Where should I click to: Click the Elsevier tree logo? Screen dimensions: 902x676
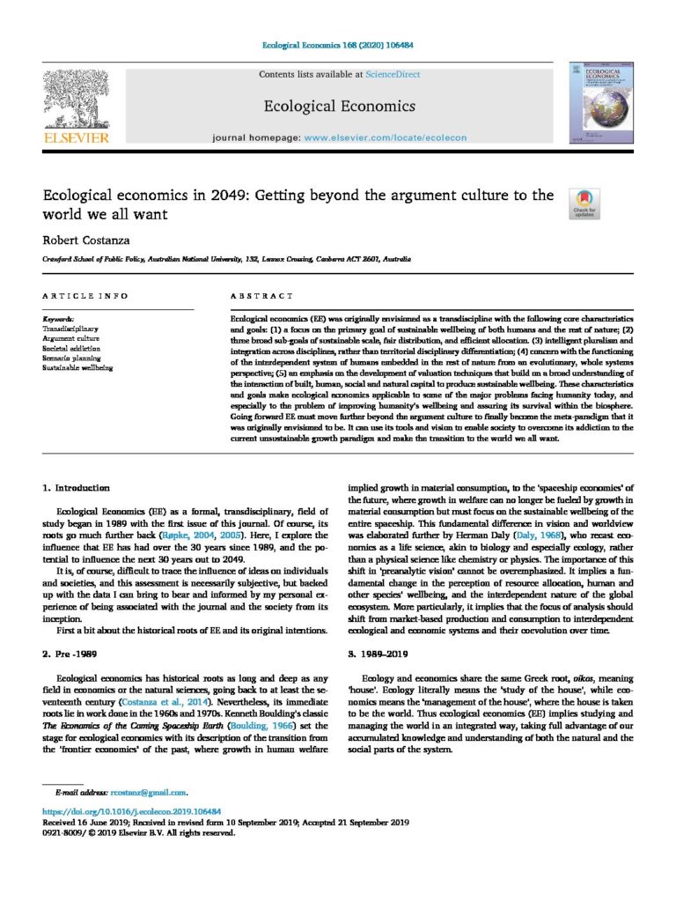point(77,98)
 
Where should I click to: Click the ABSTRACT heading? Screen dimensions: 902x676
point(261,296)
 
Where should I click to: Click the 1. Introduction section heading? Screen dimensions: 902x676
point(77,488)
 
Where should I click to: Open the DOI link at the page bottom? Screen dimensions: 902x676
point(131,810)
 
